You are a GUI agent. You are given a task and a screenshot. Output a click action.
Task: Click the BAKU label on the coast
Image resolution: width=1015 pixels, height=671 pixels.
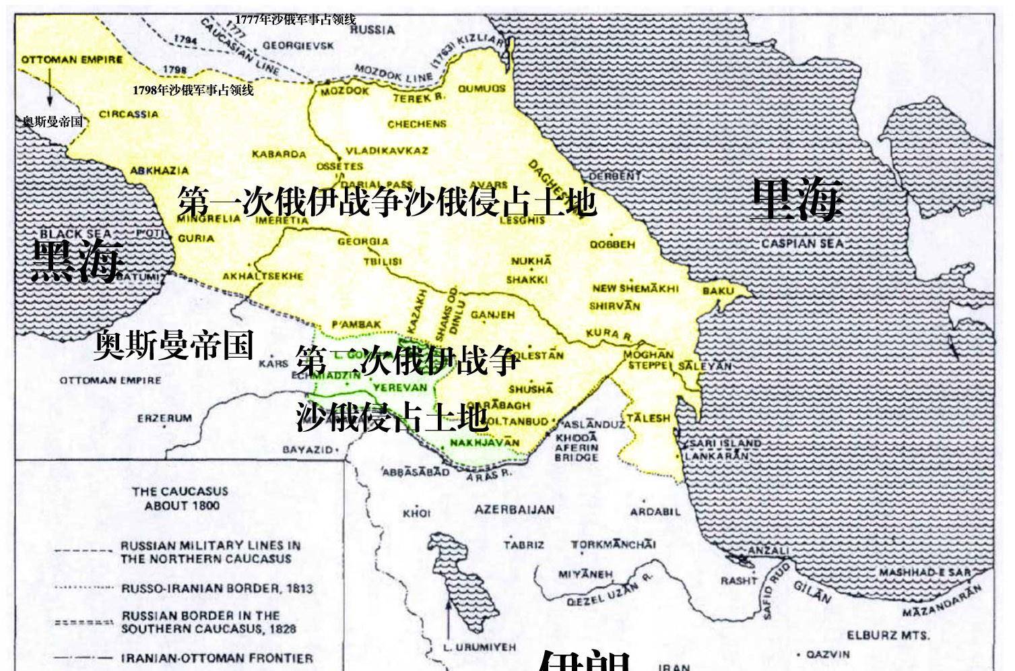717,291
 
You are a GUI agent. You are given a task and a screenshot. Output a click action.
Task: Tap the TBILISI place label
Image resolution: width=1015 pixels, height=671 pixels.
383,261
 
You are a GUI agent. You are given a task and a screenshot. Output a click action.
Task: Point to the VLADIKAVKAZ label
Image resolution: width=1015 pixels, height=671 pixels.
387,150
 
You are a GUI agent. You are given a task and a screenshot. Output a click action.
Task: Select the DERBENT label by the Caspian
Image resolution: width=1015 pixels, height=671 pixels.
615,176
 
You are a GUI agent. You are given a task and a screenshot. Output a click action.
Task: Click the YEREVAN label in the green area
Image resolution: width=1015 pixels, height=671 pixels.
400,387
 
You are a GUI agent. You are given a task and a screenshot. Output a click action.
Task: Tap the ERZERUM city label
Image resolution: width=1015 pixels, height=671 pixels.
164,418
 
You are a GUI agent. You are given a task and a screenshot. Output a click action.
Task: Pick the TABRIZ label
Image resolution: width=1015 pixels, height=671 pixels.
523,544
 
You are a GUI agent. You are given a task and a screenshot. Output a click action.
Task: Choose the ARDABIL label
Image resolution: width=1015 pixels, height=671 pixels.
655,511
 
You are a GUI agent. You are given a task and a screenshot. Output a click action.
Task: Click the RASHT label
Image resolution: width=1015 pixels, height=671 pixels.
739,581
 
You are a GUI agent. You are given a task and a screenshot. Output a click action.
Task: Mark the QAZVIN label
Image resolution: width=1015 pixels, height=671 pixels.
828,653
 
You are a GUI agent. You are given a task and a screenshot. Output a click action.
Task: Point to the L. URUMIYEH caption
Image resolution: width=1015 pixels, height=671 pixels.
480,647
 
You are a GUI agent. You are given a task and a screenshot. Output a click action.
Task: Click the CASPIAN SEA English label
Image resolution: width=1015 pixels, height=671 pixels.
802,243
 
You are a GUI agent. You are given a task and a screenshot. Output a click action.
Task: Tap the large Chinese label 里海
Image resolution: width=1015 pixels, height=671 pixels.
797,199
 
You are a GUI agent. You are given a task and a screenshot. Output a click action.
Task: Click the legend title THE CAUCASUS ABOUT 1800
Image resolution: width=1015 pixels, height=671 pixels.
180,499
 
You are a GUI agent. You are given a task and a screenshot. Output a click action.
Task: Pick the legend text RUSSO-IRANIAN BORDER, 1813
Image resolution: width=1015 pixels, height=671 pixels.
217,588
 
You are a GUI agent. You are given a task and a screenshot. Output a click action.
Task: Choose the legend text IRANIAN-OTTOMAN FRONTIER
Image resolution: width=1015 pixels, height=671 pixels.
217,658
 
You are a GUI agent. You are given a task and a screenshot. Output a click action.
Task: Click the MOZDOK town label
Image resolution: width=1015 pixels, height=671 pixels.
344,91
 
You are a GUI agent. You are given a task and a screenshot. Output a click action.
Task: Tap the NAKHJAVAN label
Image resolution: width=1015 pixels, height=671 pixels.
484,443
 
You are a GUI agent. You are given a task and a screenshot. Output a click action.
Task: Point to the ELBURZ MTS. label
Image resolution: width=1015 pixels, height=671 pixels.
888,635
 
